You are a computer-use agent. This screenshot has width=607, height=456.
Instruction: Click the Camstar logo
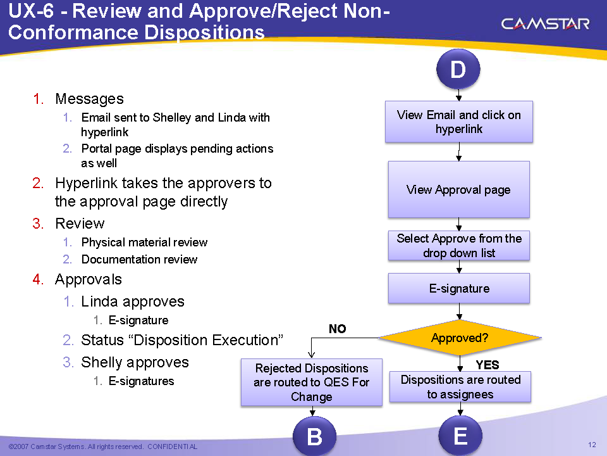(x=545, y=24)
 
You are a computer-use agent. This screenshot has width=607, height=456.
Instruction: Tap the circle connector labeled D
(x=458, y=70)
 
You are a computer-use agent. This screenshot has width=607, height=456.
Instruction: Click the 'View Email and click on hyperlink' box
(x=459, y=122)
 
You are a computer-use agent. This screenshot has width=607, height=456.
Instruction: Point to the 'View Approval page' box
(x=458, y=189)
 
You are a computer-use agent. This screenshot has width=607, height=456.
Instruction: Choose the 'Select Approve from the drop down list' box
(x=459, y=246)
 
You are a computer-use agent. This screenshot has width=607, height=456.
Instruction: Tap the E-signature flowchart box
(x=459, y=288)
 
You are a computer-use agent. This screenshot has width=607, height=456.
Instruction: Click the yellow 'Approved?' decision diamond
(x=460, y=338)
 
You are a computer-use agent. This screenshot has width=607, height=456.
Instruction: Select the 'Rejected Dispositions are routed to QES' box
(x=312, y=383)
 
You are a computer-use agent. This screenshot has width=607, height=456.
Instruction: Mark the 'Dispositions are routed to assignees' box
(x=460, y=387)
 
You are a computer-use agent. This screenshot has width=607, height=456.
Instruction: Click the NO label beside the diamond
(x=338, y=329)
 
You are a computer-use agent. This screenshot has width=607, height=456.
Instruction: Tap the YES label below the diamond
(x=487, y=365)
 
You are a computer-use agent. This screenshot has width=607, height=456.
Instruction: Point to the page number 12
(x=592, y=445)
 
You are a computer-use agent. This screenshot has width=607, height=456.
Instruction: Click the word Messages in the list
(x=89, y=99)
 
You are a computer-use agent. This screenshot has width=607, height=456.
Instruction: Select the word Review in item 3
(x=80, y=224)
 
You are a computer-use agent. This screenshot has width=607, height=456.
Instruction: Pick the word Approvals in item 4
(x=89, y=279)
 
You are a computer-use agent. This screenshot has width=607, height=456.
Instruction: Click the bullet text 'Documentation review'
(x=139, y=260)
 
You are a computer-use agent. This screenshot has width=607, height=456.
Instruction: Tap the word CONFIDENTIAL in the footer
(x=172, y=447)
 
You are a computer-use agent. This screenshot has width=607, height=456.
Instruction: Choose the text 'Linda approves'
(x=133, y=301)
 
